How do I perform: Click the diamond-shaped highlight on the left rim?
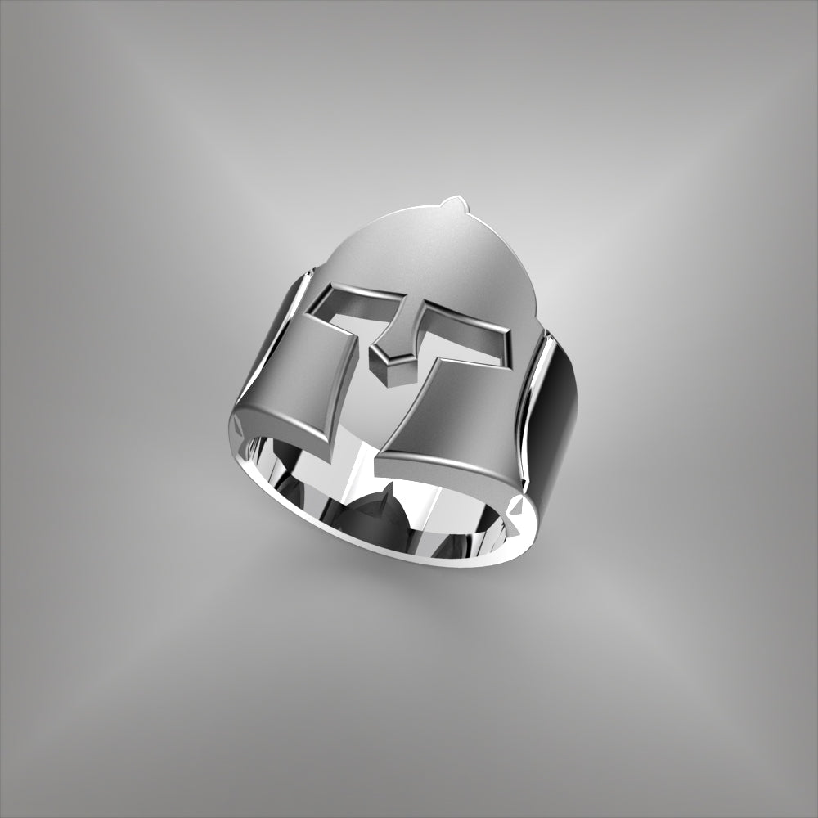coord(236,426)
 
